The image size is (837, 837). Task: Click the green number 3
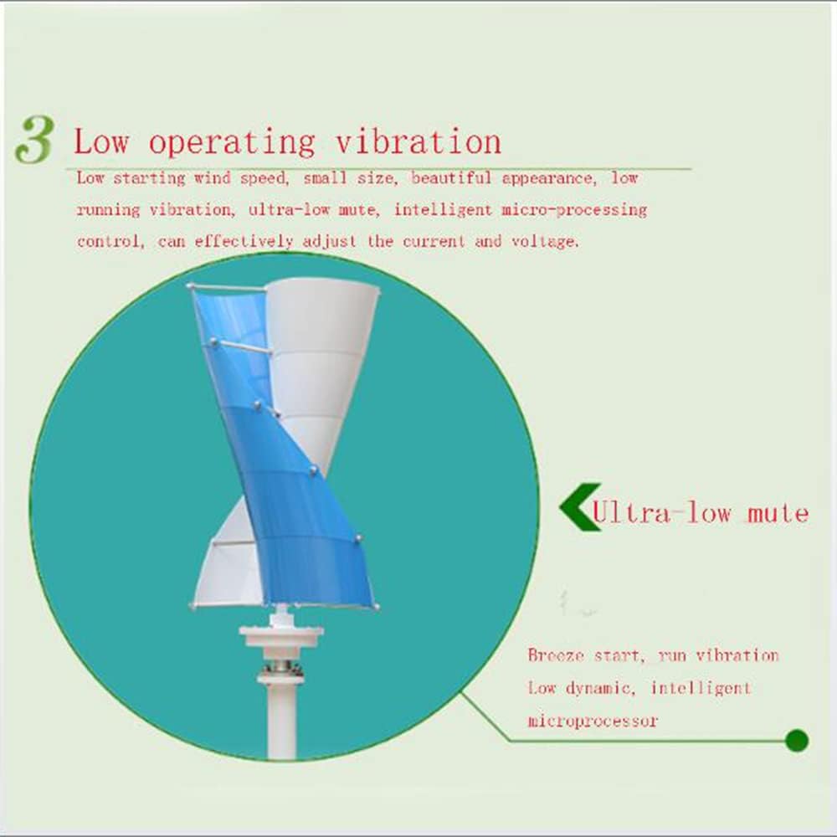[34, 139]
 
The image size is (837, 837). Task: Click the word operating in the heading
[232, 142]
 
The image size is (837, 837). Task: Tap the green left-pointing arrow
[580, 507]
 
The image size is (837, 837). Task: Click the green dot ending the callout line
[797, 741]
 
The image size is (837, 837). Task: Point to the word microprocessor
[593, 721]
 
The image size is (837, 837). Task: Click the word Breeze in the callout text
[557, 655]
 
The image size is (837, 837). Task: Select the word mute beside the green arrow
[778, 513]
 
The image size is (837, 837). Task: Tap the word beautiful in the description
[451, 177]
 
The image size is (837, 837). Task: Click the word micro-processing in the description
[574, 210]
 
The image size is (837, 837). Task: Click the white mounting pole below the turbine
[281, 721]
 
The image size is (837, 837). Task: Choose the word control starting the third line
[110, 241]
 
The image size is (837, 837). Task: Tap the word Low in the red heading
[101, 141]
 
